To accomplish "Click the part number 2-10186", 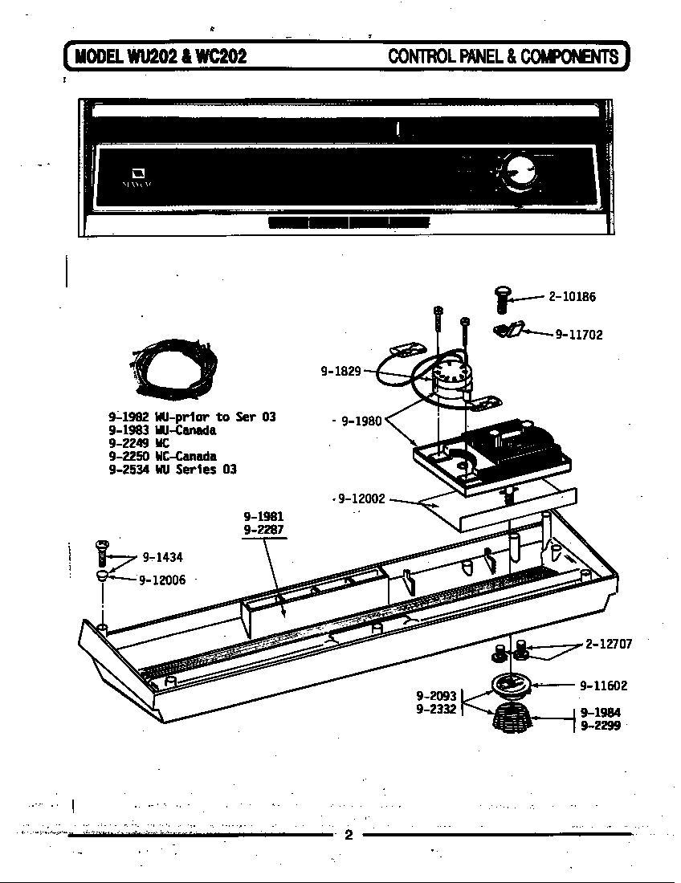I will coord(572,297).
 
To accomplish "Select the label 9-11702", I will coord(578,335).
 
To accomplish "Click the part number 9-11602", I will coord(604,686).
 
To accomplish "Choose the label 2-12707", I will coord(609,644).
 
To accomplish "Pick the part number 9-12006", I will coord(162,580).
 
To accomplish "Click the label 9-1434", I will coord(163,557).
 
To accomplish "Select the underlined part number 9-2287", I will coord(264,530).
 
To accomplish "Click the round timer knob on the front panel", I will coord(516,172).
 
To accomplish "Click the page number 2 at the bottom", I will coord(349,835).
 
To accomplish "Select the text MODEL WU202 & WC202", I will coord(160,56).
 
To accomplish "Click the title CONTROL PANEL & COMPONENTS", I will coord(504,56).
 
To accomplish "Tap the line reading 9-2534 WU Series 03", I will coord(172,470).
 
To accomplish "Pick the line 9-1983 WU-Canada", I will coord(162,430).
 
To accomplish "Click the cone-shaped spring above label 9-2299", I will coord(511,716).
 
